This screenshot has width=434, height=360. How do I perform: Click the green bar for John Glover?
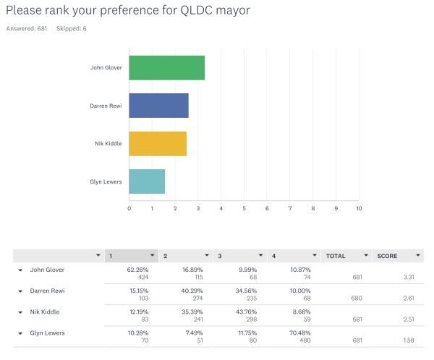click(166, 67)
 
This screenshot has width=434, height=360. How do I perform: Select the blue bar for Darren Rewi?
click(158, 106)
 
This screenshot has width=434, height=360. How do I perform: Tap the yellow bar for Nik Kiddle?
click(158, 143)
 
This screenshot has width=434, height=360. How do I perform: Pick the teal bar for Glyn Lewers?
click(147, 181)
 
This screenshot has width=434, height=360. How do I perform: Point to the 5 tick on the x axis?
click(244, 208)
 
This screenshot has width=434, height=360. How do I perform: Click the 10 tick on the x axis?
click(359, 208)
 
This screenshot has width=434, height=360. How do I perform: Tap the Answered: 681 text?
click(27, 28)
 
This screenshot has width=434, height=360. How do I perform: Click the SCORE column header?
click(388, 255)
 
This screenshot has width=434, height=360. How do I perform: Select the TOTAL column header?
click(336, 255)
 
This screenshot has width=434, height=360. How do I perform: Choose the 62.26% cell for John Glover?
click(137, 270)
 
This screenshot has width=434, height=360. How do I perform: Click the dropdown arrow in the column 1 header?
click(152, 255)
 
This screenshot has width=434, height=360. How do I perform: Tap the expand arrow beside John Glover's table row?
click(20, 270)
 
